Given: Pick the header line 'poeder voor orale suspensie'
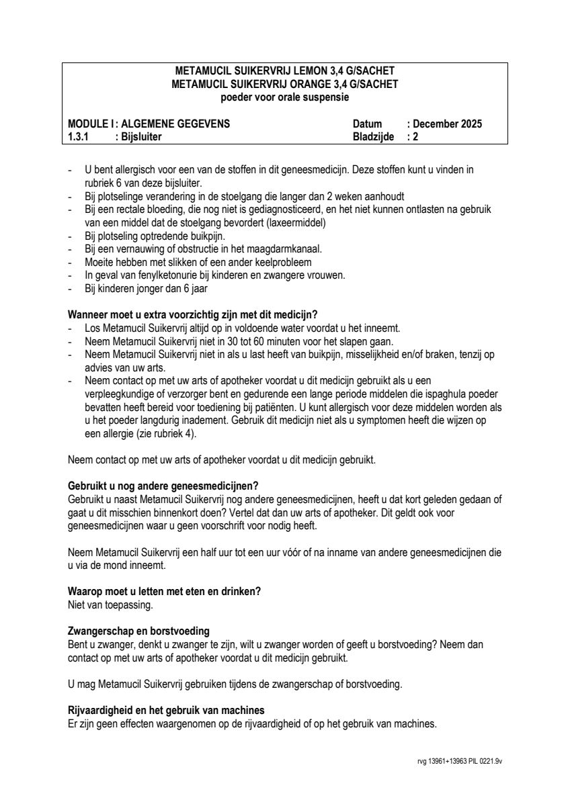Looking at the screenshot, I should pos(284,97).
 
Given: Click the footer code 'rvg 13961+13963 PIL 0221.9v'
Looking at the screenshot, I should pos(460,762).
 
